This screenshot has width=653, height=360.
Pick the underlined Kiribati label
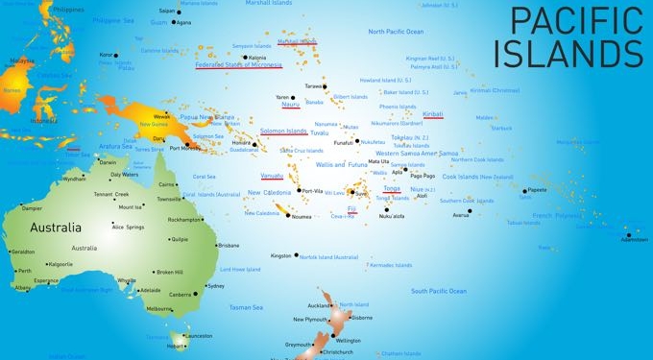(432, 113)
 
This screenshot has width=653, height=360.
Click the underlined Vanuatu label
(272, 177)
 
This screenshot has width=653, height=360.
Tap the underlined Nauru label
(290, 105)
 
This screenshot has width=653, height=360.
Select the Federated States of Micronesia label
(238, 65)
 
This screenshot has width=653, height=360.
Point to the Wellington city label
(349, 341)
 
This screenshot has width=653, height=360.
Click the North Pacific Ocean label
(396, 32)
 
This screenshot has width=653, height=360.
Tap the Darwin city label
(108, 162)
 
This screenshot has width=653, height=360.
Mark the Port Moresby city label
(185, 148)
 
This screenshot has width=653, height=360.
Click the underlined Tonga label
(392, 188)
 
